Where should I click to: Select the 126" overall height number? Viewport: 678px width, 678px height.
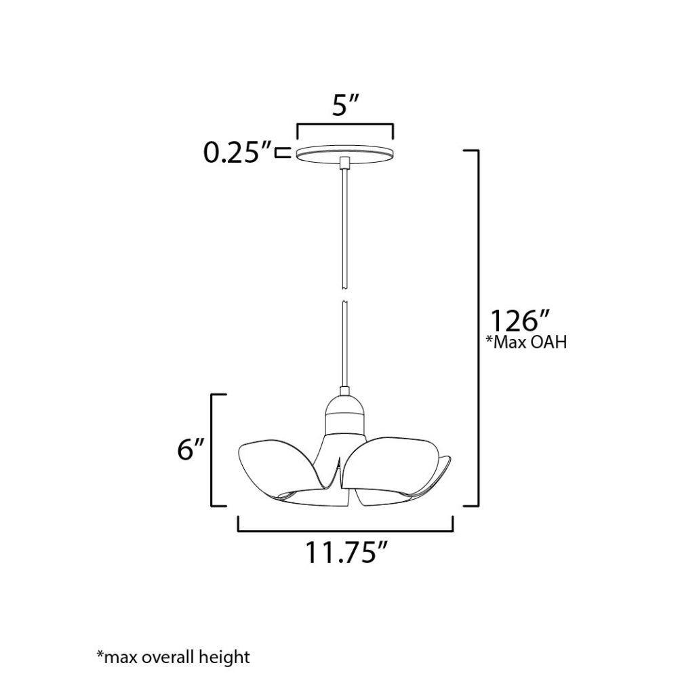519,321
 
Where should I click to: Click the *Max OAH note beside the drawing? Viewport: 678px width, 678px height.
526,342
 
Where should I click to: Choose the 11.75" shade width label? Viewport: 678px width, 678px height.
345,552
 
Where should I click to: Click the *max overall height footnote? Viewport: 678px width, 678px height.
174,656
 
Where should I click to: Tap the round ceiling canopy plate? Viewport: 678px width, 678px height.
345,154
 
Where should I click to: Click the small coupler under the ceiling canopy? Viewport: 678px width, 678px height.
344,163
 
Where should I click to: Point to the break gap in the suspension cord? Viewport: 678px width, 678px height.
344,294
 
